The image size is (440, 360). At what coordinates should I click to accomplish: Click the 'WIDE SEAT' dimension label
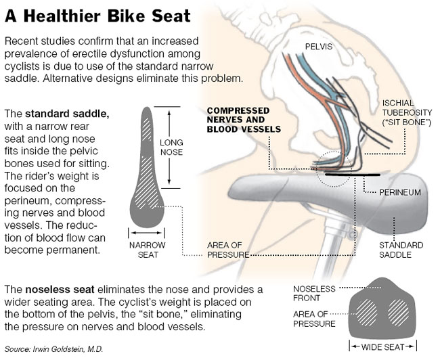tap(382, 346)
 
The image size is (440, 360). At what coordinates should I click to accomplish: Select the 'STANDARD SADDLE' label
tap(401, 250)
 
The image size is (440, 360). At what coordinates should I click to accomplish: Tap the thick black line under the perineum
tap(352, 175)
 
